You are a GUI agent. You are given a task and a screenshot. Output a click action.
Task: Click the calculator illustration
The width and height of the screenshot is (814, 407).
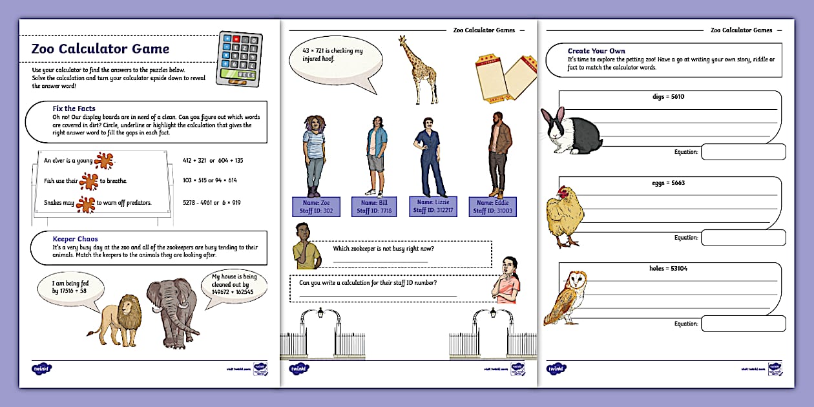[x=242, y=59]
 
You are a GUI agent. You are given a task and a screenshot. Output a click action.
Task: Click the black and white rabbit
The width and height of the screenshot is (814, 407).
[x=572, y=131]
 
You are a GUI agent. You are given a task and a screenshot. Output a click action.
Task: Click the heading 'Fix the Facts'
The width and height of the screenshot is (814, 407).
[x=74, y=109]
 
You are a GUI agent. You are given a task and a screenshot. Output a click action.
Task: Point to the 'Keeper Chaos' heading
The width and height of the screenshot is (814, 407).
[x=75, y=239]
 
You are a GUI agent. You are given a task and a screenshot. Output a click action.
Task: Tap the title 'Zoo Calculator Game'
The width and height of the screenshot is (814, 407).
[x=100, y=49]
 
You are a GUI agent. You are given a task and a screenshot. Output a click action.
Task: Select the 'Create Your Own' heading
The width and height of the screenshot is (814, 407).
[x=596, y=51]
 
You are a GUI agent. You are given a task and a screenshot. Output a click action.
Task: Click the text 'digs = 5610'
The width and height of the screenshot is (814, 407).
[x=668, y=97]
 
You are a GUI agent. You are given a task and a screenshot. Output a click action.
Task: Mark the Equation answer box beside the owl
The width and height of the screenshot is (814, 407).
[x=743, y=323]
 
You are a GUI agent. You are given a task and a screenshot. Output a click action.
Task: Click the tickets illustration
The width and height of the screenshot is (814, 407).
[x=502, y=77]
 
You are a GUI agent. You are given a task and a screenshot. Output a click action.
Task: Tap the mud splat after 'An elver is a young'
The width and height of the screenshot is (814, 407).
[x=104, y=160]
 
